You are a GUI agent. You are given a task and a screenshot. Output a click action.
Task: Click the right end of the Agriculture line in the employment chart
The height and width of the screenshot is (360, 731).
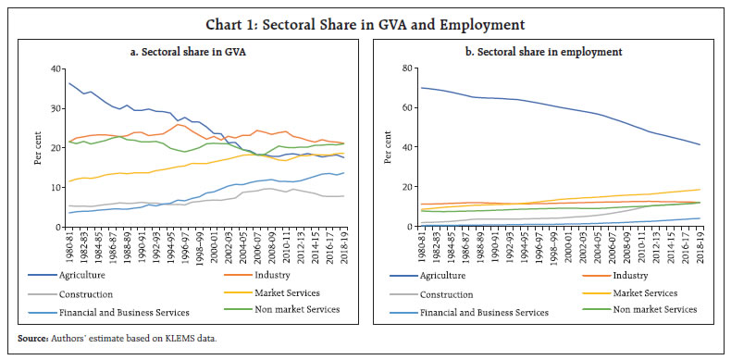pos(700,144)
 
